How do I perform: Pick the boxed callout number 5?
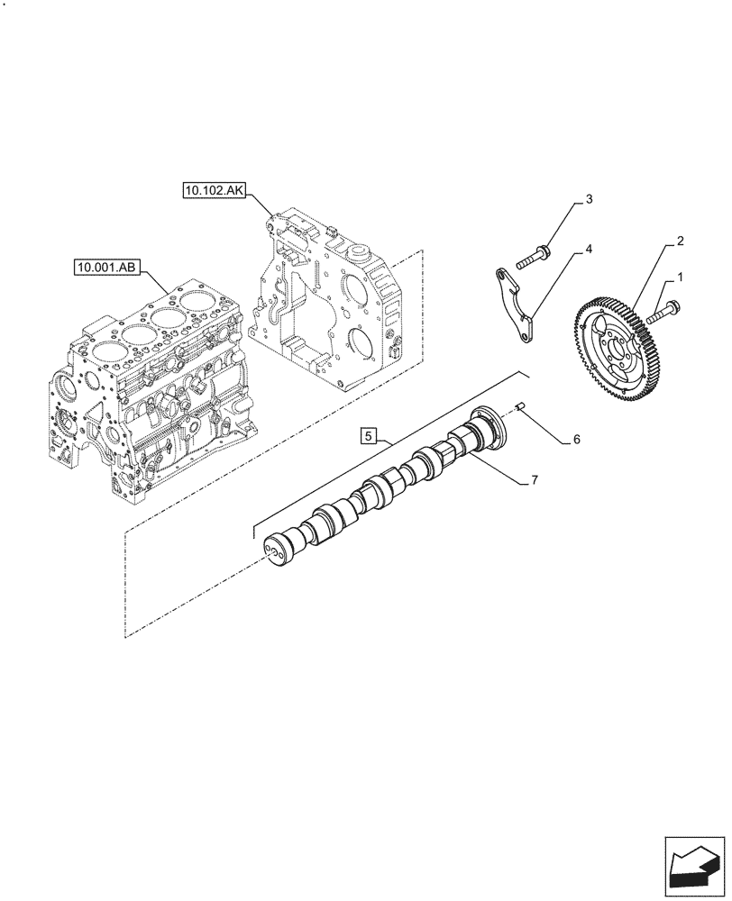pyautogui.click(x=369, y=437)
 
